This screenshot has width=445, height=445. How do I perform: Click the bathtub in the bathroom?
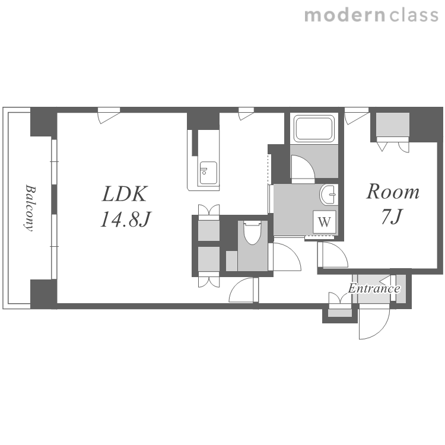pos(314,128)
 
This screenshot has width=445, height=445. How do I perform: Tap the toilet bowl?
pos(252,233)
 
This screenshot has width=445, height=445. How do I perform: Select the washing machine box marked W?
pos(324,222)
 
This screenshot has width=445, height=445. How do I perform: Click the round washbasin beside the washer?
pos(329,194)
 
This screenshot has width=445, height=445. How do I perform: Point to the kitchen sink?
pos(208,173)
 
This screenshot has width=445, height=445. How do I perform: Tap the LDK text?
pos(125,194)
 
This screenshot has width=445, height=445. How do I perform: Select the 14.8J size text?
pos(126,219)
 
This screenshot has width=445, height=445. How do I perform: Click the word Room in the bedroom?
pos(393,192)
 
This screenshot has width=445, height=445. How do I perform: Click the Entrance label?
pos(374,288)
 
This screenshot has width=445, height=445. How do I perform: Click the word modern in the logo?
pos(345,15)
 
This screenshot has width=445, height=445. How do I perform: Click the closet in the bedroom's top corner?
pos(393,125)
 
